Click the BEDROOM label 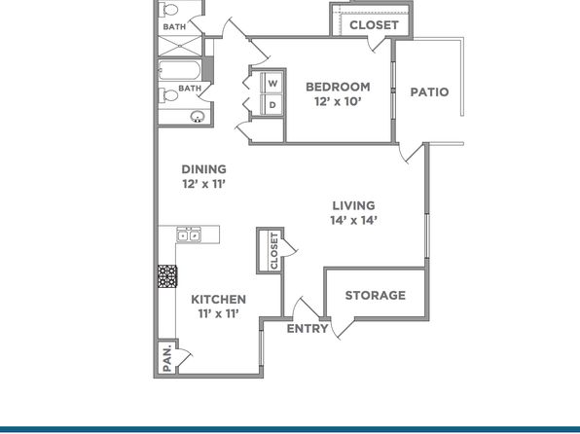pos(338,87)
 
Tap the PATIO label pos(429,92)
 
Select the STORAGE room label pos(375,295)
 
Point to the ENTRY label pos(308,329)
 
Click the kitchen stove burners pos(167,276)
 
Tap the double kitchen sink pos(189,235)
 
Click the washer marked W pos(272,83)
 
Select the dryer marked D pos(272,105)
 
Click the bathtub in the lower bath pos(180,70)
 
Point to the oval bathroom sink pos(198,117)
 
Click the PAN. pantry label pos(167,358)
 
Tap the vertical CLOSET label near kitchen pos(273,251)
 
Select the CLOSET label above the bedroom pos(374,25)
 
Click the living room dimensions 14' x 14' pos(353,221)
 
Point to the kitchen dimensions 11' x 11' pos(218,314)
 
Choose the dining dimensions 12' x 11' pos(203,184)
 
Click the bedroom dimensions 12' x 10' pos(338,102)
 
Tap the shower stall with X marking pos(180,46)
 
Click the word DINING pos(203,169)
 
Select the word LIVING pos(353,205)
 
